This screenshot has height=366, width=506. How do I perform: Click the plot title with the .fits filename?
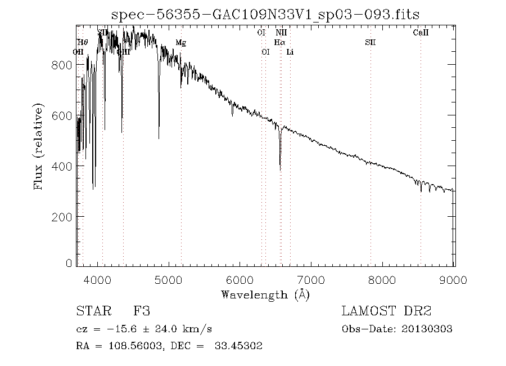(x=265, y=15)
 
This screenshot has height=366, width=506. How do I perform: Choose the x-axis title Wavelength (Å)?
(x=265, y=294)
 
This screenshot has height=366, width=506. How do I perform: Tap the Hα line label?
(x=279, y=42)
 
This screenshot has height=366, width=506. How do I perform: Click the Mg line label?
(x=180, y=42)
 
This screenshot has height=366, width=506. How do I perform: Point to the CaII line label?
(x=421, y=33)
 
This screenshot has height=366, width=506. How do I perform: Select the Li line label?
(x=290, y=52)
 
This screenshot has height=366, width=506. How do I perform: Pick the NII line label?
(x=281, y=33)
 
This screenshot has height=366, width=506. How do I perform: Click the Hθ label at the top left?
(x=83, y=42)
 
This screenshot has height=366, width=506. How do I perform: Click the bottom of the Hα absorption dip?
(x=280, y=169)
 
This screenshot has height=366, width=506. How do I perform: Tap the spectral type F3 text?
(x=141, y=311)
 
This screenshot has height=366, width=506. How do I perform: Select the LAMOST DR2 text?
(x=386, y=311)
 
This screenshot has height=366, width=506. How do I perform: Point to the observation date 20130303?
(x=427, y=329)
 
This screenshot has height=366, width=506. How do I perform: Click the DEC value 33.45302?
(x=238, y=346)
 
